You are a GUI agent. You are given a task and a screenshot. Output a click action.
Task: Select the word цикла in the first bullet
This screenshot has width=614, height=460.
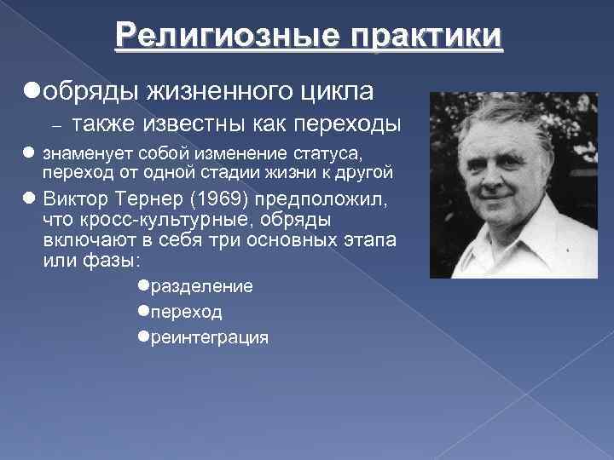click(x=340, y=88)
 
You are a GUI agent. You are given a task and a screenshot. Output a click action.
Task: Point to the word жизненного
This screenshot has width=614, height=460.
click(x=219, y=88)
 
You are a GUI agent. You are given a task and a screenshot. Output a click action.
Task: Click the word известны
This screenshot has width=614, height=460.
click(x=203, y=125)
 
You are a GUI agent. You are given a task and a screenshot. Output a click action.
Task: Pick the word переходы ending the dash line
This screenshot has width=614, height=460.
click(x=347, y=125)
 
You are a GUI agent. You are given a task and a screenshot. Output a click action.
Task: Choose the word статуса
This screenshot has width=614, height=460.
click(x=330, y=156)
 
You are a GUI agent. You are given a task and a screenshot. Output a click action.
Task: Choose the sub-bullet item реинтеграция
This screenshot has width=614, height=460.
click(x=209, y=338)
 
